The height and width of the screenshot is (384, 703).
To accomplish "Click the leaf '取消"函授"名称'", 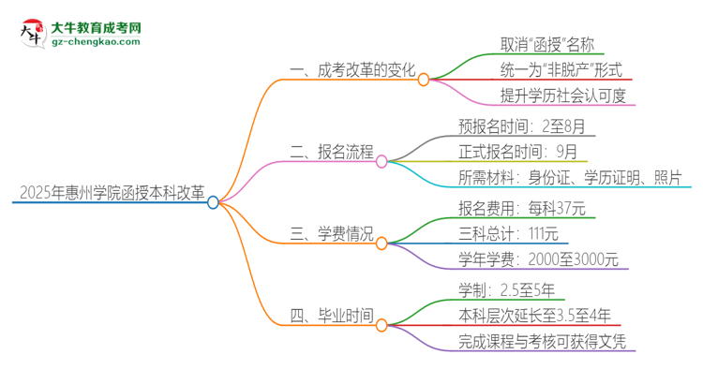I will pyautogui.click(x=546, y=44).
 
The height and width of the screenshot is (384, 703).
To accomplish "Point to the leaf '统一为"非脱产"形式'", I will pyautogui.click(x=561, y=69).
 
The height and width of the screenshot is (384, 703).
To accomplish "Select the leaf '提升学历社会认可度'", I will pyautogui.click(x=562, y=95).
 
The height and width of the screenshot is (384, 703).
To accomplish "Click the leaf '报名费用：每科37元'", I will pyautogui.click(x=522, y=208).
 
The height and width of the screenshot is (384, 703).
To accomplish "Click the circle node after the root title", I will pyautogui.click(x=214, y=201).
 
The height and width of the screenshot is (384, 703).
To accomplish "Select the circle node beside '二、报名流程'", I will pyautogui.click(x=381, y=161).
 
